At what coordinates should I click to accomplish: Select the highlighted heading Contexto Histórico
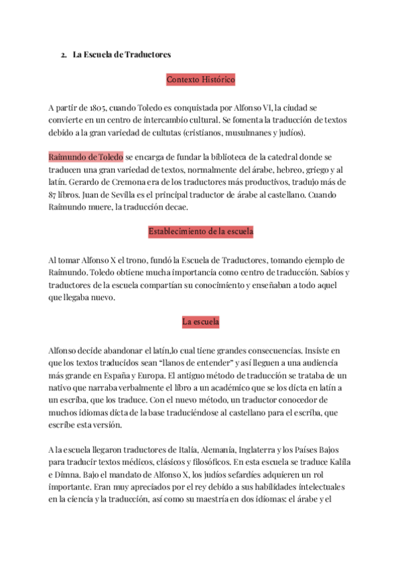(x=201, y=80)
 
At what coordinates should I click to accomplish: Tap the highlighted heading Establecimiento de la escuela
(x=201, y=232)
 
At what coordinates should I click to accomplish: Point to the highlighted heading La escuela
(x=201, y=322)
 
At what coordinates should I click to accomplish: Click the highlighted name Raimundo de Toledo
(x=86, y=157)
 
